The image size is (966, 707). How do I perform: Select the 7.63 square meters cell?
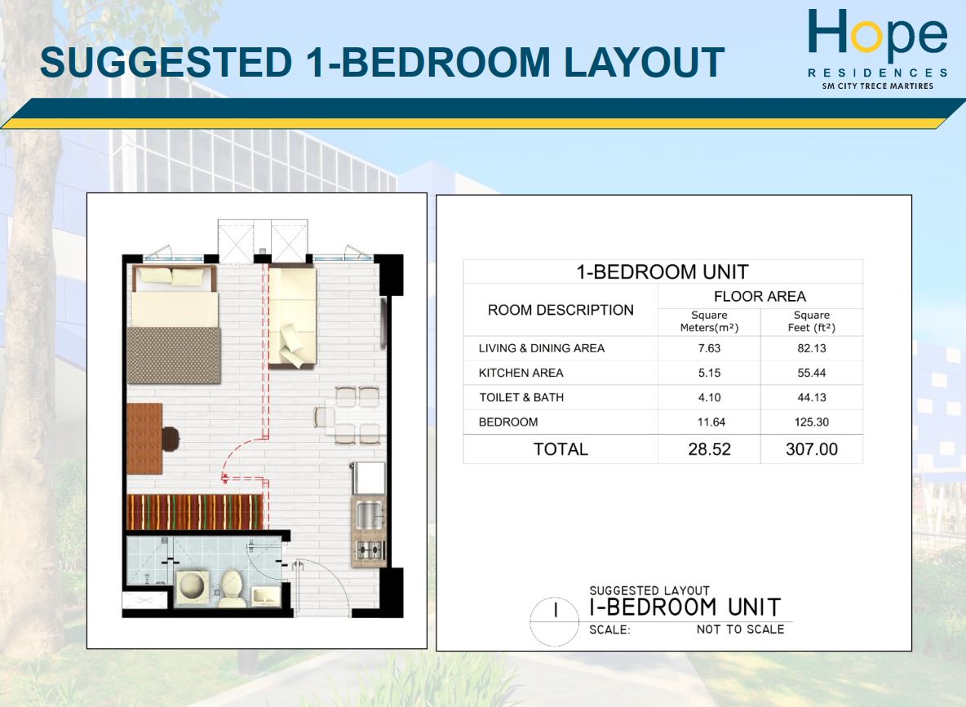(709, 348)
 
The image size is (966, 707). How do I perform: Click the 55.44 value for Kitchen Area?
(811, 373)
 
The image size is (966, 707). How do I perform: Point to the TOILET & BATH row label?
(521, 398)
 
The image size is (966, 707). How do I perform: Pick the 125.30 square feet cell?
(811, 422)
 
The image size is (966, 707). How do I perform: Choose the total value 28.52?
(709, 449)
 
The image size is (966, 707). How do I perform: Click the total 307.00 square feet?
(811, 449)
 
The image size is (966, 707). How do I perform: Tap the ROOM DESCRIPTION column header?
(561, 310)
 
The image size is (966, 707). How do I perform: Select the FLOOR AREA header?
(760, 296)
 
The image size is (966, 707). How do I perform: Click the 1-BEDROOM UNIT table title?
(662, 272)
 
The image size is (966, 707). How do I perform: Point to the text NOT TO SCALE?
(740, 630)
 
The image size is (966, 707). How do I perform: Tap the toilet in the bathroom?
(231, 586)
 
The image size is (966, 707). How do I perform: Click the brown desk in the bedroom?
(144, 435)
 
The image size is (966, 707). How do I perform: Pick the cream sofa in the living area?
(292, 318)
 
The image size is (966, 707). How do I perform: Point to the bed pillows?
(173, 277)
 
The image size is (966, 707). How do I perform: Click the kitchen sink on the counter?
(368, 515)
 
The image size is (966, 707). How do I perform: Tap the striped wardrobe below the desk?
(194, 511)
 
